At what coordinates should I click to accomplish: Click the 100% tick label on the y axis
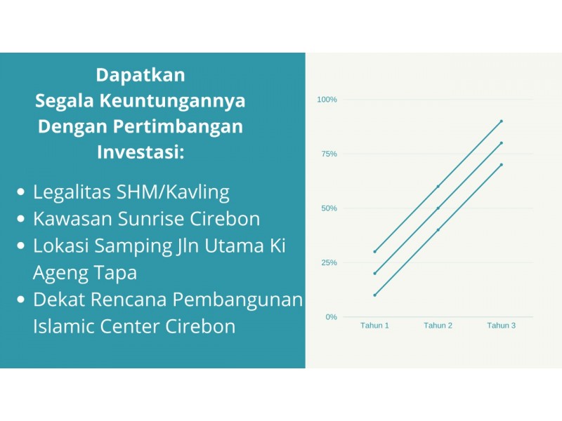(x=327, y=100)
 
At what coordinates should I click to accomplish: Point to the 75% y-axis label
(x=329, y=154)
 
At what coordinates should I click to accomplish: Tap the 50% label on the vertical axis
(x=329, y=208)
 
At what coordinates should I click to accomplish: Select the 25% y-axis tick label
(x=329, y=262)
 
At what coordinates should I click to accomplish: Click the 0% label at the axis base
(x=331, y=317)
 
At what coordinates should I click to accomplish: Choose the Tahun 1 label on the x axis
(x=374, y=326)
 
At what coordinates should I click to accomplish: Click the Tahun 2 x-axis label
(x=438, y=326)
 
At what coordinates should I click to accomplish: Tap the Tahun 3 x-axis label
(x=501, y=326)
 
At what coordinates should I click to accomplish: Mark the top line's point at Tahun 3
(x=502, y=121)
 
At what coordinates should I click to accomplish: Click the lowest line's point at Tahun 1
(x=375, y=295)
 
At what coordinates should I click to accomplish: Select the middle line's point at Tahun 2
(x=438, y=208)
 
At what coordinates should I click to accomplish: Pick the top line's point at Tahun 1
(x=375, y=252)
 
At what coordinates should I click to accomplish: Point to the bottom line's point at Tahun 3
(x=502, y=165)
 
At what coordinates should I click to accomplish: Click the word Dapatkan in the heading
(x=140, y=76)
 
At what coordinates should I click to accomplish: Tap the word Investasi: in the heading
(x=140, y=152)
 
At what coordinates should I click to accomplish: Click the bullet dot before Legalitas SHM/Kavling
(x=21, y=192)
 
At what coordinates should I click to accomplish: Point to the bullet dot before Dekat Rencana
(x=21, y=300)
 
